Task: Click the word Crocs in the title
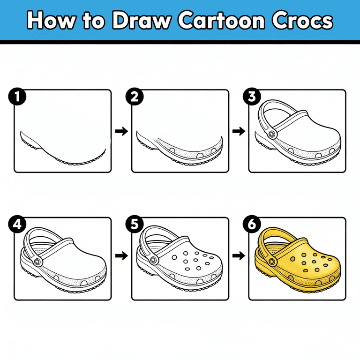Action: point(302,21)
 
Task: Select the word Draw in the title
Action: point(142,21)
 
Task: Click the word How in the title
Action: point(51,21)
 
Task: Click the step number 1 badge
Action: point(17,97)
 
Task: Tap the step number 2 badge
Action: point(135,97)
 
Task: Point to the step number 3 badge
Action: point(252,97)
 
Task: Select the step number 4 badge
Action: point(17,224)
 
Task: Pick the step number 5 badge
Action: point(135,224)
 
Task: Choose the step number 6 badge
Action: point(252,224)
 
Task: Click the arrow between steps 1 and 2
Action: point(121,131)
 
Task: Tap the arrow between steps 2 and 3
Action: point(239,131)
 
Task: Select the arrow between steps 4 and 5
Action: point(121,255)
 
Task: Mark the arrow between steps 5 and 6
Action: point(239,255)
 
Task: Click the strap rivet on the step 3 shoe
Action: point(272,134)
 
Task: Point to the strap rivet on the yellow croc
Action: point(272,262)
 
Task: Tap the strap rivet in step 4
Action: point(37,262)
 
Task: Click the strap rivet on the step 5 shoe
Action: point(153,260)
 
